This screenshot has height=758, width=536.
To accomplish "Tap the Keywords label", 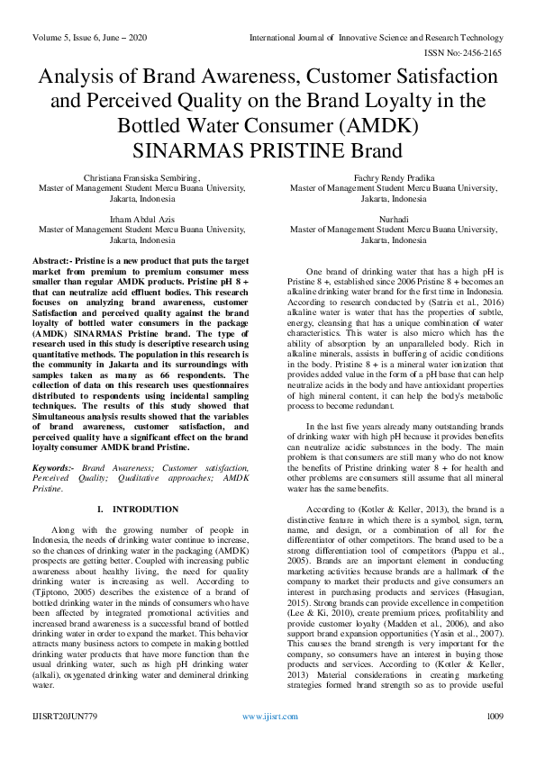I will point(54,468).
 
